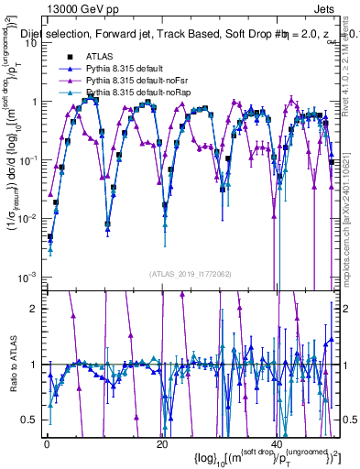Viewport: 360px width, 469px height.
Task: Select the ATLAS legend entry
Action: pyautogui.click(x=99, y=57)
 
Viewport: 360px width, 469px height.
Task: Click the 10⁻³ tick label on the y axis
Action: pyautogui.click(x=27, y=277)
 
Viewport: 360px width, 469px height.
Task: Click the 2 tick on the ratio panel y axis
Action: pyautogui.click(x=33, y=308)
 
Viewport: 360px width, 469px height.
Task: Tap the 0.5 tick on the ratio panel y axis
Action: pyautogui.click(x=29, y=420)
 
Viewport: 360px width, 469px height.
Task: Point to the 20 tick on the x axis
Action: pyautogui.click(x=161, y=445)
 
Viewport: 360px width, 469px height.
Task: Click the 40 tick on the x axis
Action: pyautogui.click(x=276, y=445)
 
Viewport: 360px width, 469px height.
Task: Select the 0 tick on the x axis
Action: pyautogui.click(x=47, y=445)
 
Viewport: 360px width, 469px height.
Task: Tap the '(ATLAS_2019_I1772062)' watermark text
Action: pyautogui.click(x=191, y=274)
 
